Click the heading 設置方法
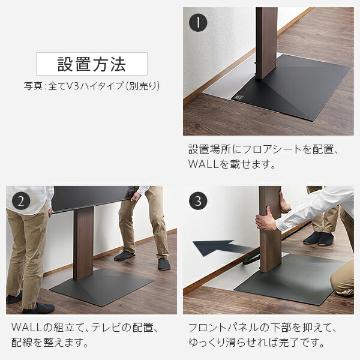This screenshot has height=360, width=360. click(x=92, y=64)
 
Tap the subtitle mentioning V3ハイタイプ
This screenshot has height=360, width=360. click(x=92, y=86)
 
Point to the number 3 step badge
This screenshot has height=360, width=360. click(x=199, y=201)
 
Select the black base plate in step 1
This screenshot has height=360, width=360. click(x=294, y=87)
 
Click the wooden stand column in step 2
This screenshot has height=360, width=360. click(x=83, y=243)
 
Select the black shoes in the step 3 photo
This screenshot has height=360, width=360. click(x=318, y=238)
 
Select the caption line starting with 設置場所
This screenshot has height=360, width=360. click(x=264, y=148)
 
